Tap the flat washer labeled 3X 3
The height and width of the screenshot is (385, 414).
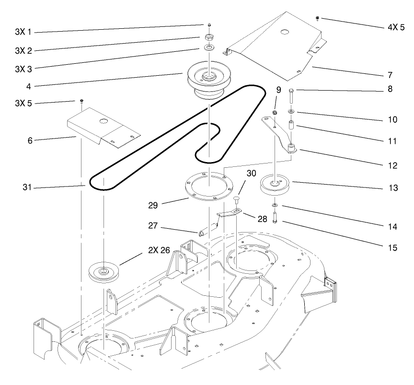[209, 48]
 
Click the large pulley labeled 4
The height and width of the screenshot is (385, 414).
[208, 79]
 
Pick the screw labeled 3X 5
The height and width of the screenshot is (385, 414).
[82, 101]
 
